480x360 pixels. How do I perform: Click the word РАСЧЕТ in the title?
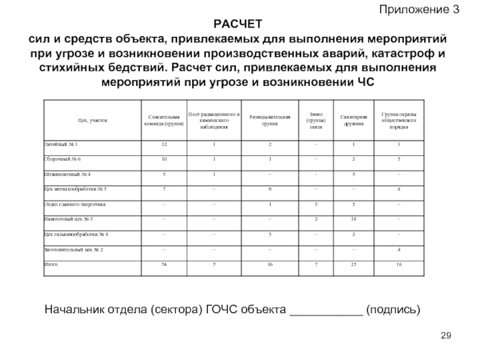238,24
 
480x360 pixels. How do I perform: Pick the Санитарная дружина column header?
353,120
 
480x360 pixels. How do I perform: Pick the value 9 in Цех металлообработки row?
271,190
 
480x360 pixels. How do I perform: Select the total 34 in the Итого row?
164,264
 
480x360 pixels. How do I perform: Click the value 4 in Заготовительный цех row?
399,249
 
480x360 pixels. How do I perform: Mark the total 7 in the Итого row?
316,264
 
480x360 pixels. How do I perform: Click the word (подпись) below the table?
394,310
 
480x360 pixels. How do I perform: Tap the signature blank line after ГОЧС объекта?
326,312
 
